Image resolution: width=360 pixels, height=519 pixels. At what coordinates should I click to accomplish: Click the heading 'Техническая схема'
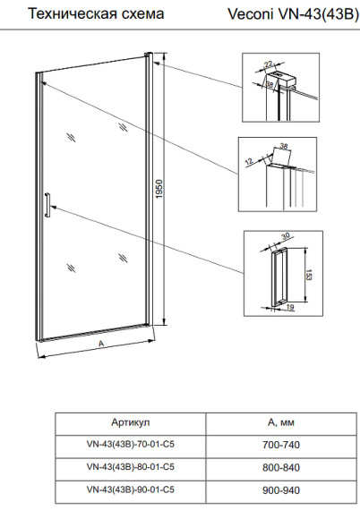point(96,13)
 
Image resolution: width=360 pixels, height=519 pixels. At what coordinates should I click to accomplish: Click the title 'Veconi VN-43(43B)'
point(294,14)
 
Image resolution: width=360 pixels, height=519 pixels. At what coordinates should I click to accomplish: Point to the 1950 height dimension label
point(159,189)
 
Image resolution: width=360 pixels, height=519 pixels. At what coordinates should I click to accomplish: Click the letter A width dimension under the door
point(101,344)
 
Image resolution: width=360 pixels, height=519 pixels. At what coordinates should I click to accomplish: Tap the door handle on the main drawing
point(47,205)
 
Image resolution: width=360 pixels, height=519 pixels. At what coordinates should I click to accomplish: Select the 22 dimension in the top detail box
point(269,64)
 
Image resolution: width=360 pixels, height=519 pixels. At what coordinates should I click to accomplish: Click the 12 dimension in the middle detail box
point(249,162)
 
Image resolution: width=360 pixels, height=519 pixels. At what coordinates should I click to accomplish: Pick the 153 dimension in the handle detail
point(308,275)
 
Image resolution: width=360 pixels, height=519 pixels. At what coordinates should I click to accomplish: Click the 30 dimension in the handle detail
point(285,236)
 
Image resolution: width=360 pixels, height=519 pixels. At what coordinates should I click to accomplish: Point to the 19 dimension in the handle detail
point(290,308)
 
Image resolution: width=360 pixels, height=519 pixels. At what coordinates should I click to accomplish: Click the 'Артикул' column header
point(131,422)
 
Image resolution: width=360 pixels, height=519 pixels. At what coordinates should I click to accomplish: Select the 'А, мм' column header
point(281,422)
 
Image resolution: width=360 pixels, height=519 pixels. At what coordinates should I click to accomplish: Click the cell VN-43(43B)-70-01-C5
point(131,444)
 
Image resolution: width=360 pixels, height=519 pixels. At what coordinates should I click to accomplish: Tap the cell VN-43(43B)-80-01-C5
point(131,467)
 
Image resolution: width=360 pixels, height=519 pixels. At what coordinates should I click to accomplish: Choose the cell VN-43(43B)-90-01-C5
point(131,489)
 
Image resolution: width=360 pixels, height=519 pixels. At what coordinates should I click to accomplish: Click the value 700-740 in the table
point(281,445)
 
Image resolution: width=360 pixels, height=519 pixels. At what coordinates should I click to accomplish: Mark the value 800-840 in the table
point(281,467)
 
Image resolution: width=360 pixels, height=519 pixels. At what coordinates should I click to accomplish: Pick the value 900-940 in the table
point(281,490)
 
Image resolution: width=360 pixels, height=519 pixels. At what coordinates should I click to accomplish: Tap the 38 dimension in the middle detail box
point(284,145)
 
